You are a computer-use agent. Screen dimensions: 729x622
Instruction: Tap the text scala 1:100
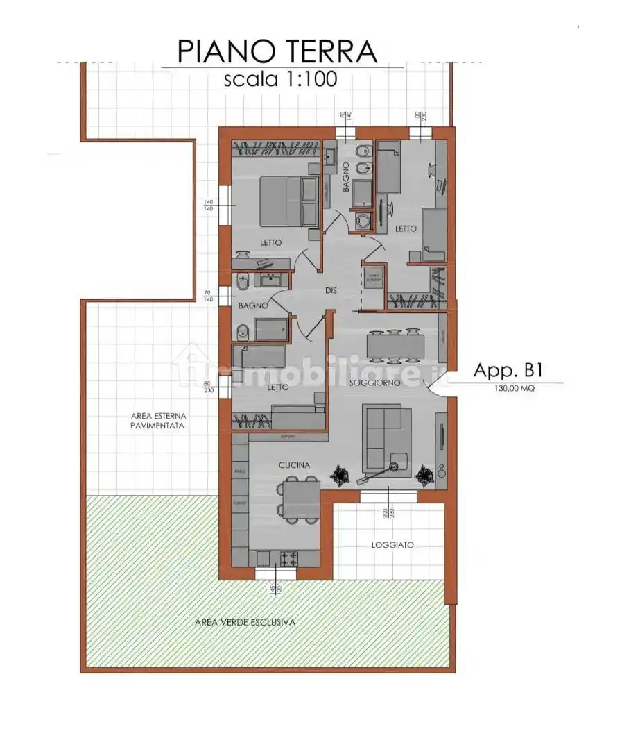(280, 78)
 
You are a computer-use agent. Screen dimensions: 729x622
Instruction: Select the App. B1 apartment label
(507, 371)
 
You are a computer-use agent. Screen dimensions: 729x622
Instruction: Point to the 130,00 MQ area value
(514, 389)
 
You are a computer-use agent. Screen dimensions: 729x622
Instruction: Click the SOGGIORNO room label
(375, 383)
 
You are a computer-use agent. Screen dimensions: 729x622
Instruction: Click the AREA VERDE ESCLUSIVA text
(245, 622)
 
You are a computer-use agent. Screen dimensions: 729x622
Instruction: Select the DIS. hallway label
(331, 291)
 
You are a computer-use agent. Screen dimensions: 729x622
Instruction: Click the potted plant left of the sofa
(340, 474)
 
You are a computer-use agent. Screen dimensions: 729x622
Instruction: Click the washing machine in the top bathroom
(363, 221)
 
